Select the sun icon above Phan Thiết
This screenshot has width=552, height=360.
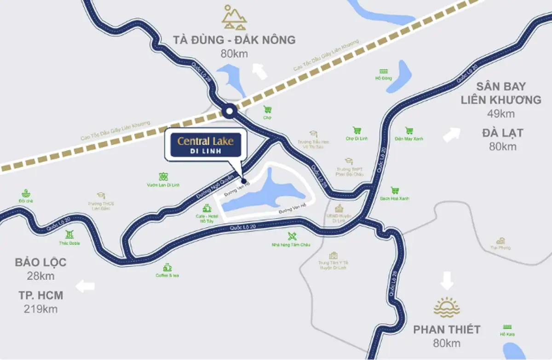tap(446, 307)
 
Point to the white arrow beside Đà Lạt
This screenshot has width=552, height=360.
tap(451, 135)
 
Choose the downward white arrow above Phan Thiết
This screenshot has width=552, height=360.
tap(446, 280)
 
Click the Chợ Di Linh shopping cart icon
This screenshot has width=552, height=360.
tap(356, 131)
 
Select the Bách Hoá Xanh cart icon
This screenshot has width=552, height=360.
tap(394, 190)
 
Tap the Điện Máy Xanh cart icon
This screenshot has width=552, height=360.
tap(408, 131)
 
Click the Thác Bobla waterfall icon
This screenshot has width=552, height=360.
tap(69, 234)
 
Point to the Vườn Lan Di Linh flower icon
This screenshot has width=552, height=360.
tap(163, 177)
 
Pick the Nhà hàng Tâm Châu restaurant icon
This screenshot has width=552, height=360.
tap(291, 236)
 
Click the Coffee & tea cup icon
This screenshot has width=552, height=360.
tap(167, 267)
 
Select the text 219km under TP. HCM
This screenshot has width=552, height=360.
tap(40, 309)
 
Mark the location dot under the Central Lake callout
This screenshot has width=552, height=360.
tap(244, 181)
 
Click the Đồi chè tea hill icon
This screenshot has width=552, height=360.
tap(26, 193)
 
